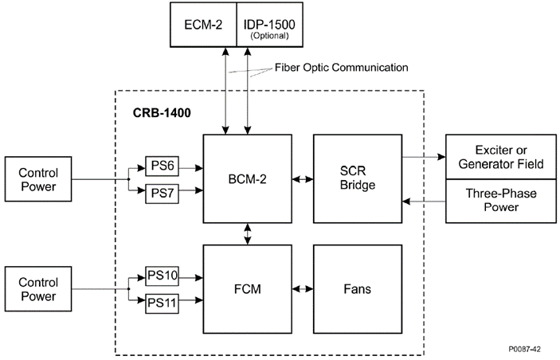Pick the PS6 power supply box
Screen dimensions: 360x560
tap(162, 166)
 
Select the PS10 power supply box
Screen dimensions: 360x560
tap(162, 277)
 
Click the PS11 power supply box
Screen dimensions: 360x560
tap(162, 303)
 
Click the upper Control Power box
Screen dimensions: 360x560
tap(37, 179)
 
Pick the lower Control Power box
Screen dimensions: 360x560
tap(37, 290)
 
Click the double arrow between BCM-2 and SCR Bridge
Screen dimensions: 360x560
tap(303, 179)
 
